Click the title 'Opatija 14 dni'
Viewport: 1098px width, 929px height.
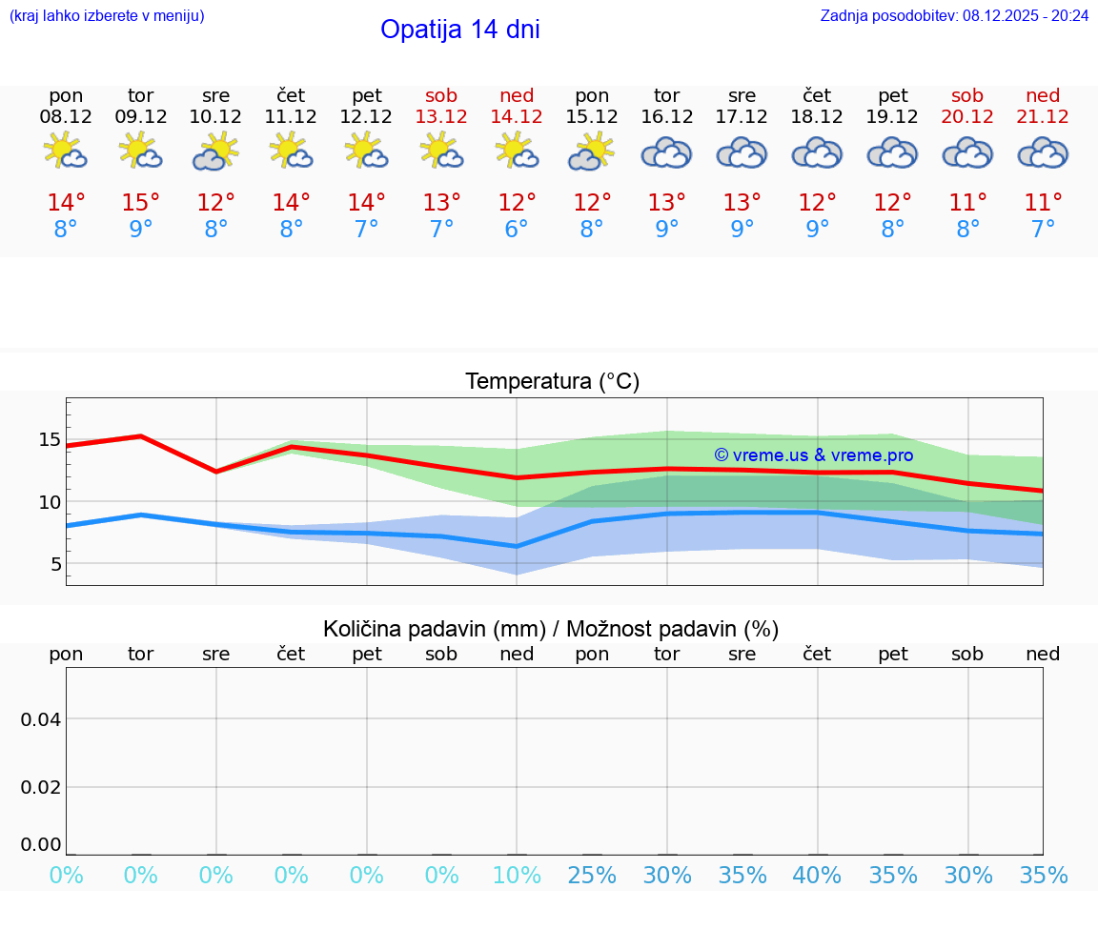(x=459, y=30)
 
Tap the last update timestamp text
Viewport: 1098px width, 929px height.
(x=954, y=15)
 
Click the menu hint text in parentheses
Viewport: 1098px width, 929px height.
(x=107, y=15)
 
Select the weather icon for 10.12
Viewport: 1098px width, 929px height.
(x=216, y=151)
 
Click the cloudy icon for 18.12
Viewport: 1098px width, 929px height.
(x=817, y=152)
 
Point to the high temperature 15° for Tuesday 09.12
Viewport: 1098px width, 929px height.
(x=141, y=202)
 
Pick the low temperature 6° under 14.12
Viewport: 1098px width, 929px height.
(x=517, y=229)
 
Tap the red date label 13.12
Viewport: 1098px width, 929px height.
(x=441, y=116)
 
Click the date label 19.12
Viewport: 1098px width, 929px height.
(x=892, y=116)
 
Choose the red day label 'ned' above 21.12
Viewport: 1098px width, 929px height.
(x=1043, y=95)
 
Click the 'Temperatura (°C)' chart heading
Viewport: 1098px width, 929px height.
(x=552, y=381)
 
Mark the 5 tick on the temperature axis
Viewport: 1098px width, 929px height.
(x=55, y=564)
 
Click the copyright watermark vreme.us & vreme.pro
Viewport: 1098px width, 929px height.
(x=813, y=455)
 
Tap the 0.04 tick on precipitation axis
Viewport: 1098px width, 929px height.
(x=42, y=719)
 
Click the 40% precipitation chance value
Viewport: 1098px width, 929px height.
(x=817, y=875)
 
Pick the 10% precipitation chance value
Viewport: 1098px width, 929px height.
(x=517, y=875)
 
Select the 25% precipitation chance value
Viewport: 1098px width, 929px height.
(x=592, y=875)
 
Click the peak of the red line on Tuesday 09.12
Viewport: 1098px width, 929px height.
(x=141, y=436)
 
